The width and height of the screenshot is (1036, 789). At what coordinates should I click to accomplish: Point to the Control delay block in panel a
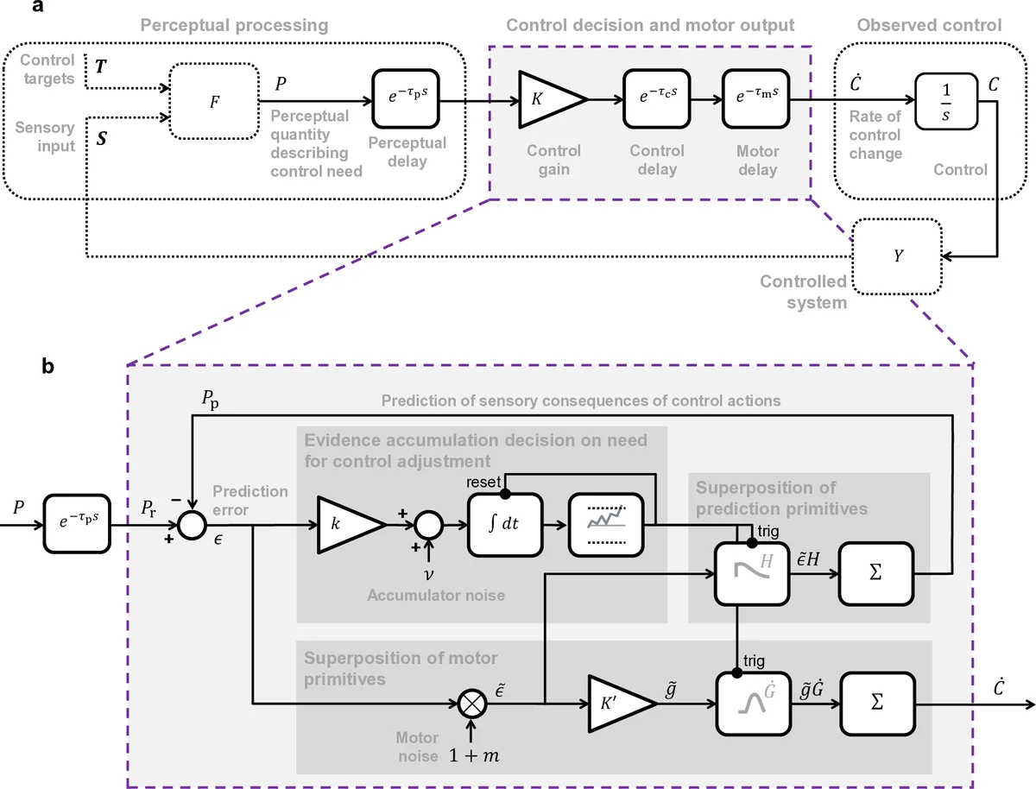tap(658, 100)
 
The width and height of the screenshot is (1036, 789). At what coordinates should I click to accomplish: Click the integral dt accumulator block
tap(503, 524)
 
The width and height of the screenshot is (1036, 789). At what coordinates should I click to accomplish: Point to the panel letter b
tap(50, 366)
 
